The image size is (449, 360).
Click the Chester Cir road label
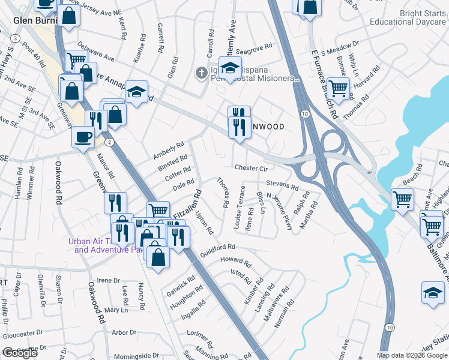pos(251,169)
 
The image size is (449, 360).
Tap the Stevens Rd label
pos(282,185)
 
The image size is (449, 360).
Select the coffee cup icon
pos(82,137)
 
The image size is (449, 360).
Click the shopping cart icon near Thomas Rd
pos(339,88)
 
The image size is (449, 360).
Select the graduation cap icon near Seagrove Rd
pos(230,67)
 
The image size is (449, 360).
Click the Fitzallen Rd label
pos(187,204)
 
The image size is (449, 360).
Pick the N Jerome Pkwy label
pos(279,211)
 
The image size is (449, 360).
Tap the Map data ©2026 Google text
pos(412,355)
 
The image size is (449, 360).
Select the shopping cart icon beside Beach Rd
pos(402,199)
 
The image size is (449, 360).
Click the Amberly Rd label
pos(168,150)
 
